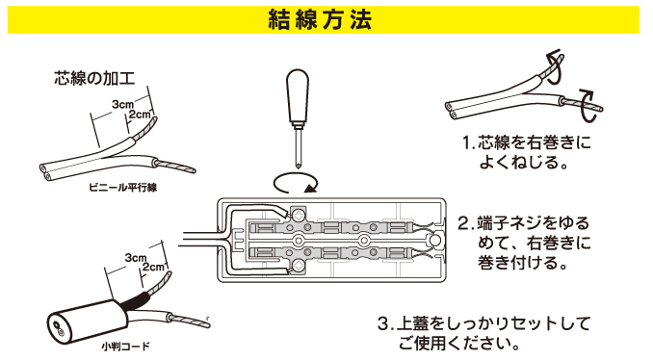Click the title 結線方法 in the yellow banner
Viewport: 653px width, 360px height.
320,19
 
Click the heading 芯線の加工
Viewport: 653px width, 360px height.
94,78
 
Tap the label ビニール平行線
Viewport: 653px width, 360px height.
123,188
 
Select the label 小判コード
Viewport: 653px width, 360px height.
125,347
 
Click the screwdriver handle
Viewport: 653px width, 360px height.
298,98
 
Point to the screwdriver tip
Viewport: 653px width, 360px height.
299,167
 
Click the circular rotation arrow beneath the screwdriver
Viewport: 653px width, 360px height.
295,184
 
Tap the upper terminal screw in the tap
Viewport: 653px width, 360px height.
299,216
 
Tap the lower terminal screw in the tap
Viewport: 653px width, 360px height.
299,265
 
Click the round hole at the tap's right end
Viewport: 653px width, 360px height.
434,240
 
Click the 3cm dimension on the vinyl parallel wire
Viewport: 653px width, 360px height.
123,104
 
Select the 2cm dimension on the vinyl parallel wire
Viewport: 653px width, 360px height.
140,114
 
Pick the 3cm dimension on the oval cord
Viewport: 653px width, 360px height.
136,258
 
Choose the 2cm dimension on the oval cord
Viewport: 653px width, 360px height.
153,267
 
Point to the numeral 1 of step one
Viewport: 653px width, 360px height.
466,143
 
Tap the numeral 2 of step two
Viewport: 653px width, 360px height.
463,223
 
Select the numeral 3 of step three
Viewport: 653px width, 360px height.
383,323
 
